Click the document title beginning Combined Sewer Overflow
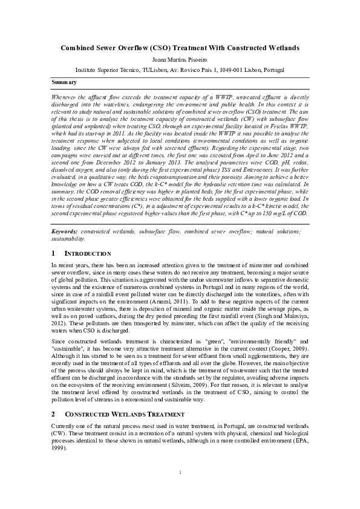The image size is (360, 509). click(x=180, y=47)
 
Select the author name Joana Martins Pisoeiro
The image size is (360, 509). click(x=180, y=59)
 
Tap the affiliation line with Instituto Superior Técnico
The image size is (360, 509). click(x=180, y=70)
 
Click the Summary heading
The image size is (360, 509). click(x=64, y=82)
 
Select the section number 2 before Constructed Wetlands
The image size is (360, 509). click(x=53, y=414)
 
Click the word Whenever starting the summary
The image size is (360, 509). click(x=65, y=97)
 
